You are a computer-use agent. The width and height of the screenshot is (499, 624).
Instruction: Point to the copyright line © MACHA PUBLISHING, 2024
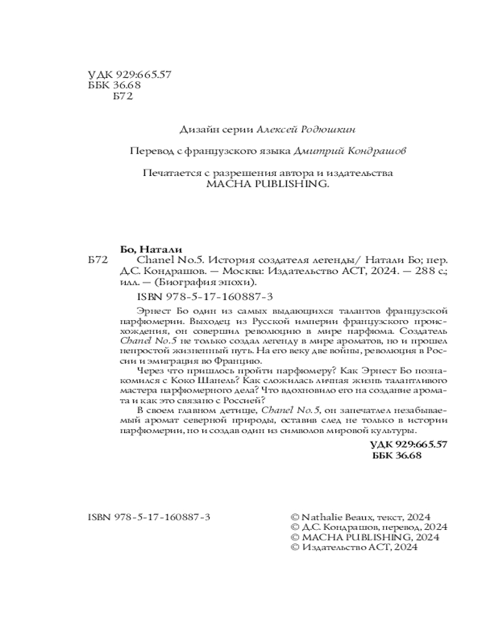click(365, 537)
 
